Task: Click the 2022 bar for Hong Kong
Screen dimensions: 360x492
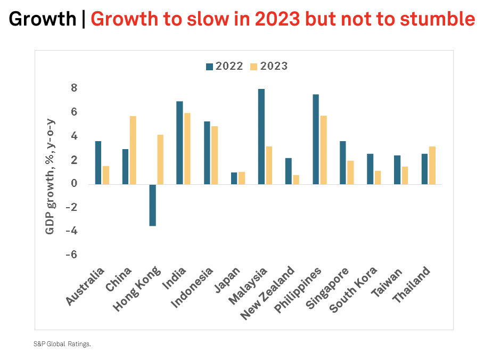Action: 152,205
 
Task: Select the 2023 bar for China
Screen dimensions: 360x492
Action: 133,150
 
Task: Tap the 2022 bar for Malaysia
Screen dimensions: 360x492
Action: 261,136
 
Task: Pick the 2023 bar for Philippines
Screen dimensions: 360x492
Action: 323,150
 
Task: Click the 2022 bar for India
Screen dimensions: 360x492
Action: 179,143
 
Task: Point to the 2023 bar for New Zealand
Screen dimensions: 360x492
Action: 296,179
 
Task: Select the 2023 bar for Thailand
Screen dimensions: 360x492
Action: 432,165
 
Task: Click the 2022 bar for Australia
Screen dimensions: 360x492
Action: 98,162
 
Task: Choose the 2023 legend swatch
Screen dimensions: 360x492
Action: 254,67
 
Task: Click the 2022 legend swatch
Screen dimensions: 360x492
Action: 209,67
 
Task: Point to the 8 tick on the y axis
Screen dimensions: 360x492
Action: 75,88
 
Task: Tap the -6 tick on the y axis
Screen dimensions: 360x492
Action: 71,255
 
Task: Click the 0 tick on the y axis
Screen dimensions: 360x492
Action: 75,184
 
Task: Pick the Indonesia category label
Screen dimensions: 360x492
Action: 192,288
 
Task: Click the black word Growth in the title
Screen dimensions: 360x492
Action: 43,19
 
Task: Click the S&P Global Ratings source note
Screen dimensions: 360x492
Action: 62,344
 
